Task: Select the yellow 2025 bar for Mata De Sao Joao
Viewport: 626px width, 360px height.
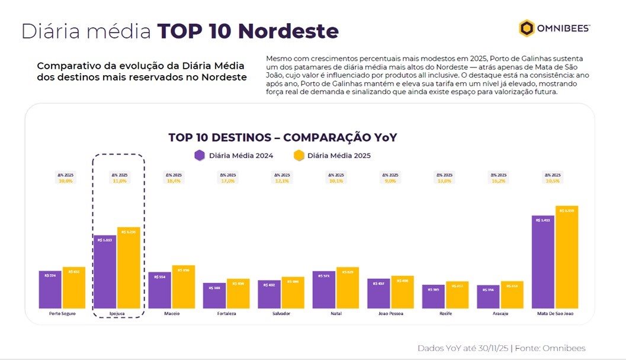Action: (x=567, y=257)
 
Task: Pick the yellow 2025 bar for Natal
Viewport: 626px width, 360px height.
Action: (x=348, y=288)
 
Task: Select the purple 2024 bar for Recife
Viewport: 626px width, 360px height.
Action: (x=433, y=297)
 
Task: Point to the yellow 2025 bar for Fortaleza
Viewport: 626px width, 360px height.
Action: (x=238, y=294)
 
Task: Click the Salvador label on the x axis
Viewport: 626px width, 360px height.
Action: (x=281, y=313)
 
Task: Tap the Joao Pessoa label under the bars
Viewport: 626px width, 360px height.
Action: (x=390, y=313)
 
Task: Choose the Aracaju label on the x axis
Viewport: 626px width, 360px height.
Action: (x=500, y=313)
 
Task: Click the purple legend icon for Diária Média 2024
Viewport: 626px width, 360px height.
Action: (x=200, y=156)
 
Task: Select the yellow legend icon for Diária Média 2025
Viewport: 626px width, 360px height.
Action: (x=299, y=156)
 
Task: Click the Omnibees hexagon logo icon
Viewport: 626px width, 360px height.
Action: (x=527, y=28)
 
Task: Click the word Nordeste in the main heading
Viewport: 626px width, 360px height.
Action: (x=288, y=31)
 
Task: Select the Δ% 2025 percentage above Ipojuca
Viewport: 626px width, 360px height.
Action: (x=119, y=181)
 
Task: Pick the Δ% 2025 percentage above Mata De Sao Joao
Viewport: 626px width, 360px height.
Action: (x=553, y=181)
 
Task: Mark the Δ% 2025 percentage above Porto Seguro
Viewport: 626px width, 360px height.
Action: (x=65, y=181)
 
